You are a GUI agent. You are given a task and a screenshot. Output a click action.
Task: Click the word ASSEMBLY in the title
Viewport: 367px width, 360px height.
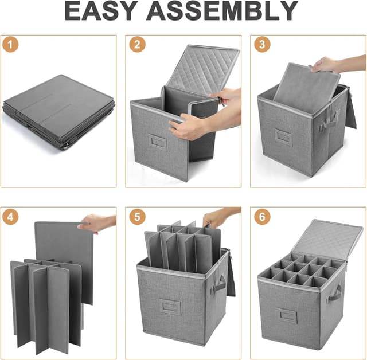click(x=222, y=11)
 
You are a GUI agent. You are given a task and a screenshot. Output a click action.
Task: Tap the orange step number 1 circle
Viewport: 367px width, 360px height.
click(x=10, y=44)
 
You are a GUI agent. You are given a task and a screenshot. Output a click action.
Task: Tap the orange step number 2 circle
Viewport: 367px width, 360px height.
click(x=138, y=44)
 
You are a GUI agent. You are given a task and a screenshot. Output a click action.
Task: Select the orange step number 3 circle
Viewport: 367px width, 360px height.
click(x=263, y=44)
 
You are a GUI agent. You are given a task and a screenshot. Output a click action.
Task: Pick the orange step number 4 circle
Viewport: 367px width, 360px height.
click(x=10, y=217)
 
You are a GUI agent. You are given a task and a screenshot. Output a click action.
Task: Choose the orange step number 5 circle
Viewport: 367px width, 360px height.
click(x=138, y=217)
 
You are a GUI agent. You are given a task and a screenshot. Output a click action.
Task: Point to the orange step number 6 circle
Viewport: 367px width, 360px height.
click(x=263, y=217)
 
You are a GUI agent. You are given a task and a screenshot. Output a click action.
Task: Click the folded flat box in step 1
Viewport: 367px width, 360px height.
click(x=59, y=112)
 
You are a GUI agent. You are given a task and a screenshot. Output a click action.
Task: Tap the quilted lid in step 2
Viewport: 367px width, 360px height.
click(x=202, y=70)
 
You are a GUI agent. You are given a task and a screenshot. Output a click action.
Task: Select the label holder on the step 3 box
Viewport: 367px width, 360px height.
click(x=283, y=136)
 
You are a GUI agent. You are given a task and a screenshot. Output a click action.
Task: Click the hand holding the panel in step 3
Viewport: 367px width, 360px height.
click(x=326, y=65)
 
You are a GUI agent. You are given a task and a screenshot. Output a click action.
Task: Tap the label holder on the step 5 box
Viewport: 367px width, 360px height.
click(x=170, y=307)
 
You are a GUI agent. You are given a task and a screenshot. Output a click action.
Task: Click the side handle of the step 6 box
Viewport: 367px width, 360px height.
click(x=335, y=293)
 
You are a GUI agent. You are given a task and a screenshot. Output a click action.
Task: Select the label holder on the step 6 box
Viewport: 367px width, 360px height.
click(x=288, y=316)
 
